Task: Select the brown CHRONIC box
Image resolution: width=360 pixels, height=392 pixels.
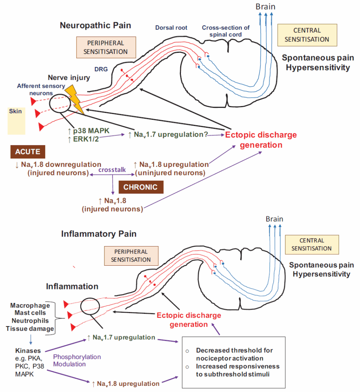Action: tap(141, 188)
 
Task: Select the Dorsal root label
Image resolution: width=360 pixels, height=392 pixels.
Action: tap(171, 28)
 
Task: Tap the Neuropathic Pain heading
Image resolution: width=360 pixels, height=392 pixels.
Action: tap(95, 26)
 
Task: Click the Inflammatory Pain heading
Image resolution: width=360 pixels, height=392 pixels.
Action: tap(99, 234)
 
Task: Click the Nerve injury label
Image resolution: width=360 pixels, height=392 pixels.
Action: tap(69, 78)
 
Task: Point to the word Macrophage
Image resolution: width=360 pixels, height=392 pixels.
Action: tap(30, 305)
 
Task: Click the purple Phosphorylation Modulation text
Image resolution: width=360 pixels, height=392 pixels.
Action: tap(77, 360)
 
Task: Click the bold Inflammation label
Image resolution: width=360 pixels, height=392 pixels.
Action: tap(72, 286)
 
